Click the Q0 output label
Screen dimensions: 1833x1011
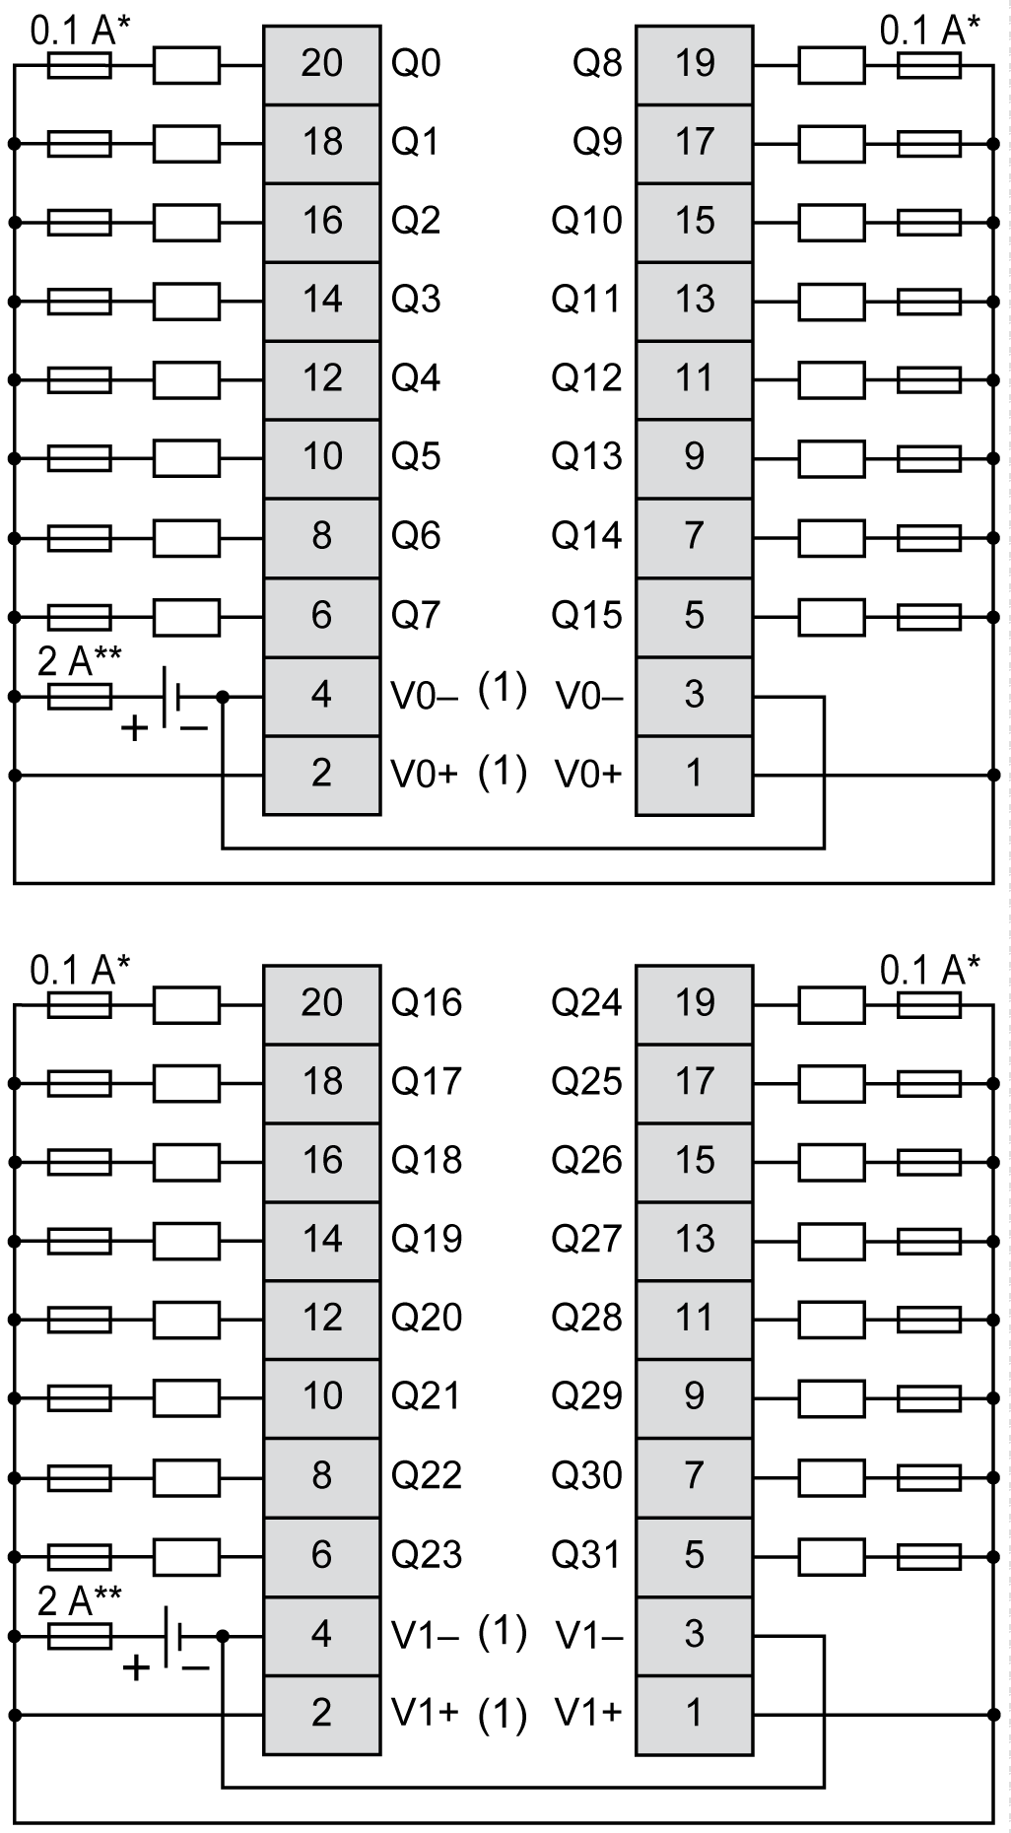point(416,64)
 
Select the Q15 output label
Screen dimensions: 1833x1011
point(586,616)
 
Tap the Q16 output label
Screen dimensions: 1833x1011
point(426,1003)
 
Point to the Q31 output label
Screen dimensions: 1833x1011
point(586,1555)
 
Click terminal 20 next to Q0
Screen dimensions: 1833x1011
point(321,64)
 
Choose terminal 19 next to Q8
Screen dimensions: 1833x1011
point(694,64)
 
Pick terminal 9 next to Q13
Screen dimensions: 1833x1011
point(694,456)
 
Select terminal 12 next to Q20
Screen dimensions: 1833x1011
point(321,1318)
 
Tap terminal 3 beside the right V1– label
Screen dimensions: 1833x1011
point(694,1634)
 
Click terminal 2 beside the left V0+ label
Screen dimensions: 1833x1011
point(321,774)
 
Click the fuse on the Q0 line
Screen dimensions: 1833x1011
point(80,66)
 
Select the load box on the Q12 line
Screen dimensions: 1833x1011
point(831,379)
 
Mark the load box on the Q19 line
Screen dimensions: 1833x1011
point(186,1241)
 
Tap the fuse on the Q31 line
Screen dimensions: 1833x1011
point(929,1557)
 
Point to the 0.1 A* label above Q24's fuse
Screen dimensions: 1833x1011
point(929,972)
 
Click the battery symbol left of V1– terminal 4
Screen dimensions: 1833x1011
point(173,1636)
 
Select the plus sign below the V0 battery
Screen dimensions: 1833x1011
point(135,730)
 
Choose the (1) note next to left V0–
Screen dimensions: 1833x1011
point(503,689)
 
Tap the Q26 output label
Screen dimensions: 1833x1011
point(586,1161)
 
